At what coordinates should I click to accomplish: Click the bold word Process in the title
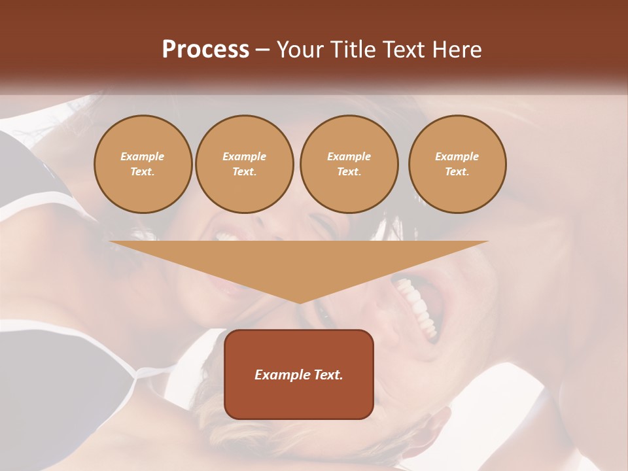point(205,50)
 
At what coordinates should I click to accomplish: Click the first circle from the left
point(143,164)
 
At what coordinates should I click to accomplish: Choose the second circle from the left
point(245,164)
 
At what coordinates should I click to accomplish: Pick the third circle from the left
point(349,164)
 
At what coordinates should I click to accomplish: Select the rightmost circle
point(457,164)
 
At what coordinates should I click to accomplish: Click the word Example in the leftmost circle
point(143,156)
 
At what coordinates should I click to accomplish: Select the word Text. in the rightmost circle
point(457,172)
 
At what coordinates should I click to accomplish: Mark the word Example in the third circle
point(349,156)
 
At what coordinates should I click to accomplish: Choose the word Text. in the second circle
point(245,172)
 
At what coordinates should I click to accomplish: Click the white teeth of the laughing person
point(419,305)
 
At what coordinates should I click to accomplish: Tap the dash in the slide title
point(262,50)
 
